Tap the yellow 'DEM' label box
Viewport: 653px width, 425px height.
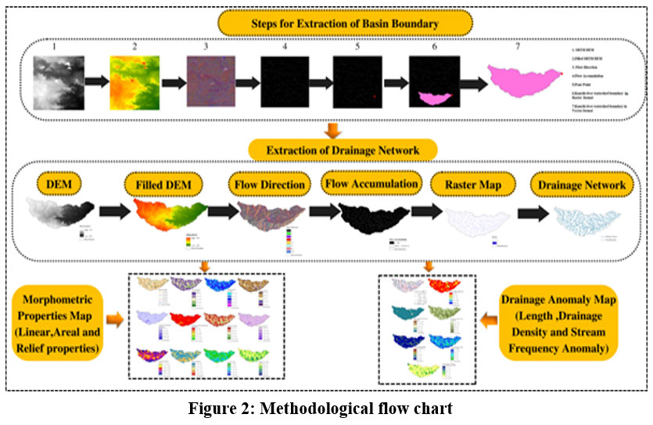click(59, 185)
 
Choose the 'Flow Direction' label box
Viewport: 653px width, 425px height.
click(269, 185)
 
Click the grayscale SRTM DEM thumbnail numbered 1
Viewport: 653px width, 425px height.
click(58, 86)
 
